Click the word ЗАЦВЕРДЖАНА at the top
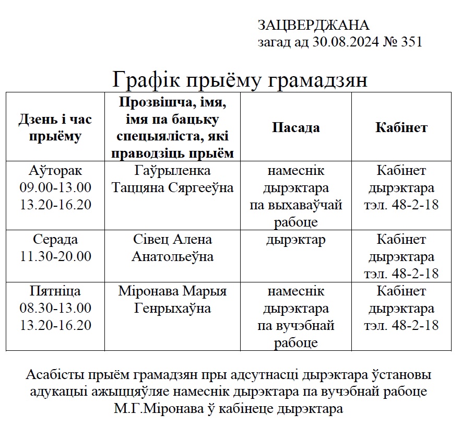tap(313, 25)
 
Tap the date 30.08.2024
tap(345, 42)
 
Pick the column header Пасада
tap(296, 128)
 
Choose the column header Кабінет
tap(401, 128)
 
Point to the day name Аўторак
tap(55, 171)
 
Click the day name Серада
tap(55, 240)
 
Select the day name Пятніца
tap(55, 291)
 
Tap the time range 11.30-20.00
tap(55, 257)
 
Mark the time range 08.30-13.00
tap(55, 308)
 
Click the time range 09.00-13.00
tap(55, 188)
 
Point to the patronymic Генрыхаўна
tap(172, 308)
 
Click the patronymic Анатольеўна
tap(172, 257)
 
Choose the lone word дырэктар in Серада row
tap(295, 240)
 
